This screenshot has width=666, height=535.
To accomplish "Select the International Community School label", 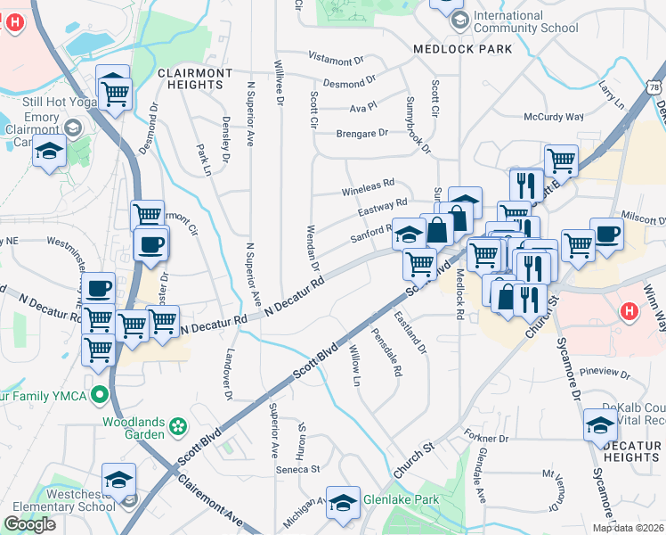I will point(525,22).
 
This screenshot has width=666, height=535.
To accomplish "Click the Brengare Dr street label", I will point(362,133).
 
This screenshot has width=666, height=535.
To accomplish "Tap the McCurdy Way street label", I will point(554,117).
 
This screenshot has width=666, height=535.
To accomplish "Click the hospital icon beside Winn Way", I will point(629,312).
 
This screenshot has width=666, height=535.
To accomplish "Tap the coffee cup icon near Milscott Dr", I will point(606,235).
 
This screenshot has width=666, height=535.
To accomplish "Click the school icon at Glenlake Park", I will point(343,503).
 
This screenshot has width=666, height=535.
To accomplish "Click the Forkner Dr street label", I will point(485,438).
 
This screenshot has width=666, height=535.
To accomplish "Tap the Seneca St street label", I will point(301,469).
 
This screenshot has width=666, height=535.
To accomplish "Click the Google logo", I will point(29,524).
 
